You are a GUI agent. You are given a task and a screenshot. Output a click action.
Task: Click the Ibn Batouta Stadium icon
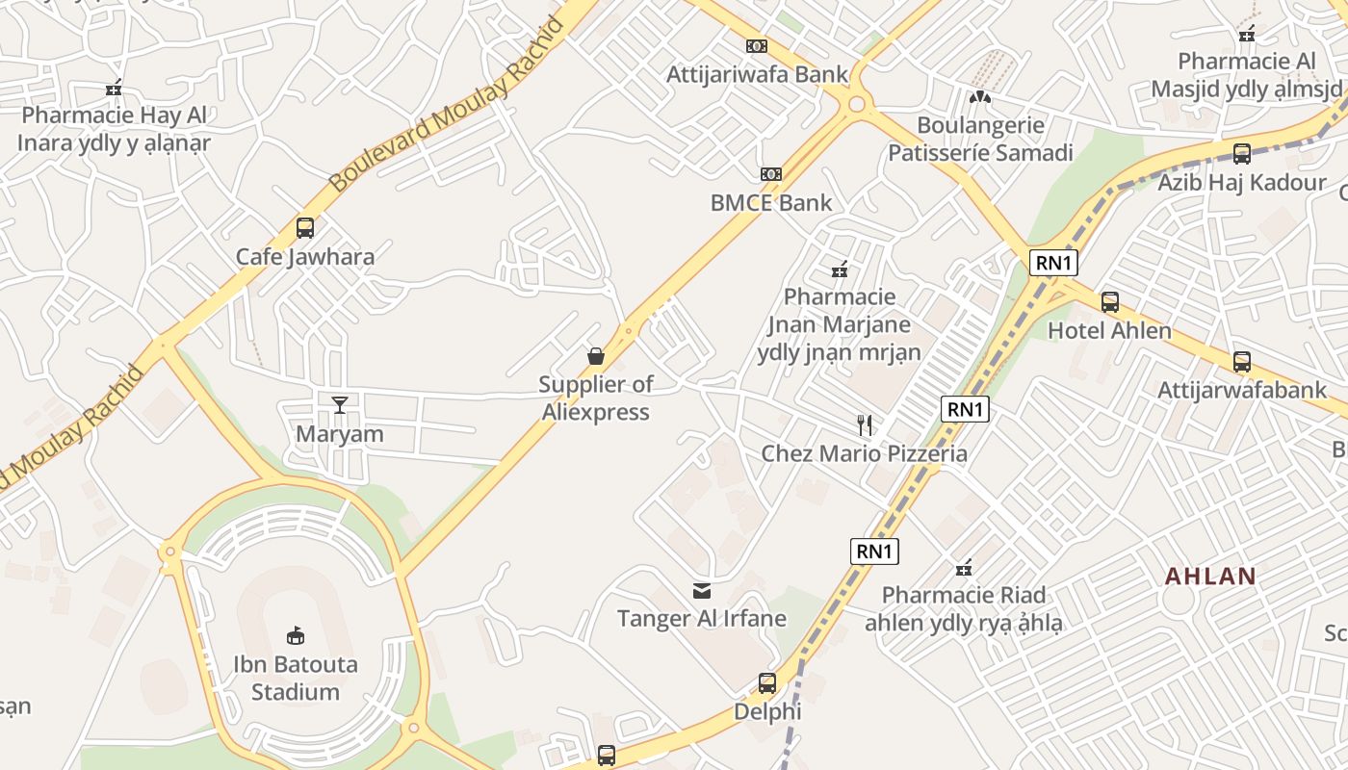(296, 635)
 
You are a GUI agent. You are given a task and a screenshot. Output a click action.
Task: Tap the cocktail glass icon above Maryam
(339, 404)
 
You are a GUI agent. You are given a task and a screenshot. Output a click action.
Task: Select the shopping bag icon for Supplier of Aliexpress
(596, 356)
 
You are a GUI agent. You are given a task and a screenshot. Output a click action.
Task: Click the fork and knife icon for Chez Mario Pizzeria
(865, 424)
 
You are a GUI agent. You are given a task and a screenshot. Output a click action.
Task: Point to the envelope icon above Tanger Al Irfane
(702, 590)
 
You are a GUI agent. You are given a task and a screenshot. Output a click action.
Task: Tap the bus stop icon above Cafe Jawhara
(305, 228)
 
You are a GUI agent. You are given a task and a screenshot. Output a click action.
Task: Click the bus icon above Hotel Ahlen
(1109, 302)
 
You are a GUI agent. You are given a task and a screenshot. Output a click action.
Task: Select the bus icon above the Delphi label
(767, 683)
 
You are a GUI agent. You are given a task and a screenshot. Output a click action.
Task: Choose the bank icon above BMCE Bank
(770, 174)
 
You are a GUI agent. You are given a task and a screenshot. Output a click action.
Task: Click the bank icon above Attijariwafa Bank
(757, 45)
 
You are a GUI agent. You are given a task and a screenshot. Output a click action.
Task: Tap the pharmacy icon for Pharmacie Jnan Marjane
(840, 269)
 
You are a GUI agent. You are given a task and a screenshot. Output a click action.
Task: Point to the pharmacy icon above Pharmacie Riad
(963, 567)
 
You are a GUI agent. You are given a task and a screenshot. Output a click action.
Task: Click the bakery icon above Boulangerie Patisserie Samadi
(979, 96)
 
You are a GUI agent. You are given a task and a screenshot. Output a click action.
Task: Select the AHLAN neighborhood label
(1210, 577)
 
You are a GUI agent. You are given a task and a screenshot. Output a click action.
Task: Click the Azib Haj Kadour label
(1242, 183)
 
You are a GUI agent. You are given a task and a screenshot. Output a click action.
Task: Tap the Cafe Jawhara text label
(305, 257)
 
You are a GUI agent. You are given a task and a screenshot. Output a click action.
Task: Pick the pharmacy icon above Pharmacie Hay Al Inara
(114, 89)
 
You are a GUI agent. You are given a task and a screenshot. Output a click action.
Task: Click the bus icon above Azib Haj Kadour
(1242, 154)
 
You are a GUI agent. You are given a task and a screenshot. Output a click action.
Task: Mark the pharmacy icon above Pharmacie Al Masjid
(1247, 34)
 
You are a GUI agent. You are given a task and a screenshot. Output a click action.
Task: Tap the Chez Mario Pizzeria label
(864, 453)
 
